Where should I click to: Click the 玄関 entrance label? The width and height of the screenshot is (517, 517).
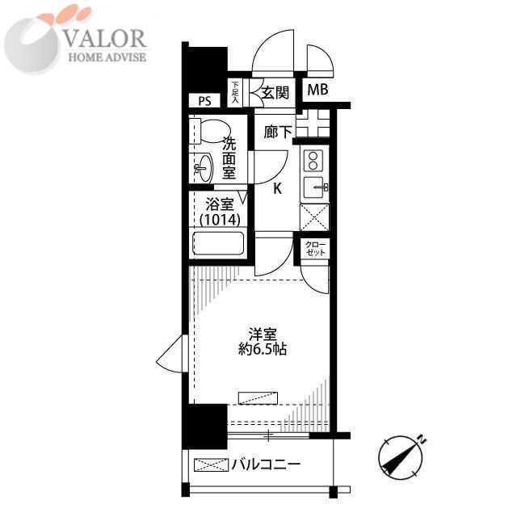[275, 92]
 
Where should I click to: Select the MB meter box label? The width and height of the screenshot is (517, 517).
[317, 90]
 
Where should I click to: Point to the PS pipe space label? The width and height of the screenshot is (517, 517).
[204, 101]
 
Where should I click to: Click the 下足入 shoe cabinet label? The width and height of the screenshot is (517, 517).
[235, 92]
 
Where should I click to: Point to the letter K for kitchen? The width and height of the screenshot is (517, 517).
[277, 189]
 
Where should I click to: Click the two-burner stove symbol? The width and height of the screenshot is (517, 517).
[313, 159]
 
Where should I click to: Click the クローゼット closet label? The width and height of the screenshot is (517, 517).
[316, 248]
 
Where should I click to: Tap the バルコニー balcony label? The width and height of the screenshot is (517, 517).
[266, 465]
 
